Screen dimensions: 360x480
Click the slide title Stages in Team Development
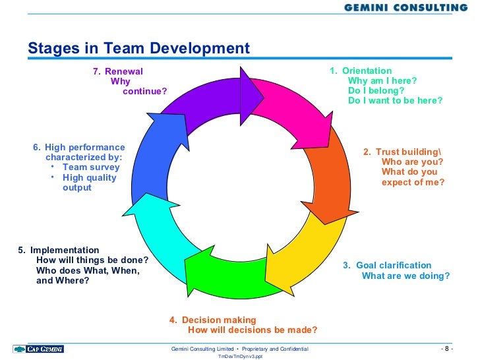tap(138, 48)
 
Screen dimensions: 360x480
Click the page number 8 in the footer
tap(446, 348)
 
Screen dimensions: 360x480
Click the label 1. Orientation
tap(361, 71)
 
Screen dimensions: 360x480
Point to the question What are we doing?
tap(405, 276)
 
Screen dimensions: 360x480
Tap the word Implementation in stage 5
tap(65, 250)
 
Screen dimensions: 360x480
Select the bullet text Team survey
tap(91, 167)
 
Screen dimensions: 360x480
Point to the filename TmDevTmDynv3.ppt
tap(240, 356)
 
